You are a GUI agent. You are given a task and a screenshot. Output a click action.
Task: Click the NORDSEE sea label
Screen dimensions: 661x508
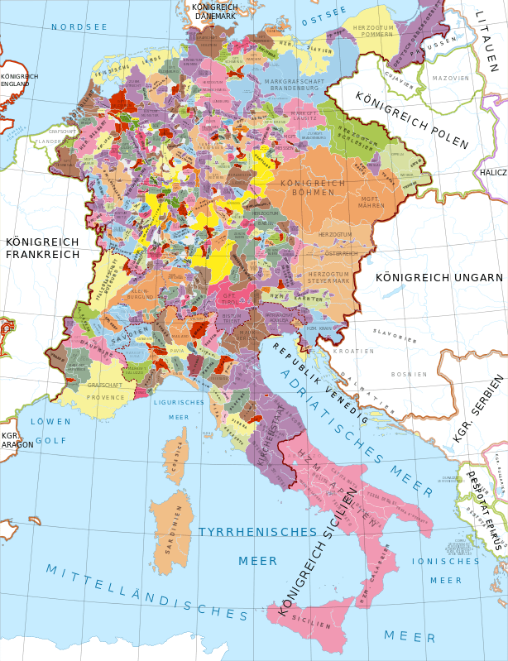click(79, 27)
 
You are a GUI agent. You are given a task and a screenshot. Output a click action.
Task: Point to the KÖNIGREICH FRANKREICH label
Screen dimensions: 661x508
click(42, 247)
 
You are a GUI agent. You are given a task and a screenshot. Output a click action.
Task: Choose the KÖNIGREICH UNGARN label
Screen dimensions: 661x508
click(439, 277)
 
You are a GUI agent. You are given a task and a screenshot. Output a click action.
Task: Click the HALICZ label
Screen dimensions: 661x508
click(493, 172)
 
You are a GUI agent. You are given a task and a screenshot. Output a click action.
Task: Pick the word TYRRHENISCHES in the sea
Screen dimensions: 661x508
click(258, 531)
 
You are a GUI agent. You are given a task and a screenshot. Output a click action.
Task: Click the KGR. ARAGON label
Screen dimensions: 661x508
click(12, 439)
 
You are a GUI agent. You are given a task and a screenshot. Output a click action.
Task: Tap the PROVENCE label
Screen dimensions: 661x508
click(106, 397)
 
